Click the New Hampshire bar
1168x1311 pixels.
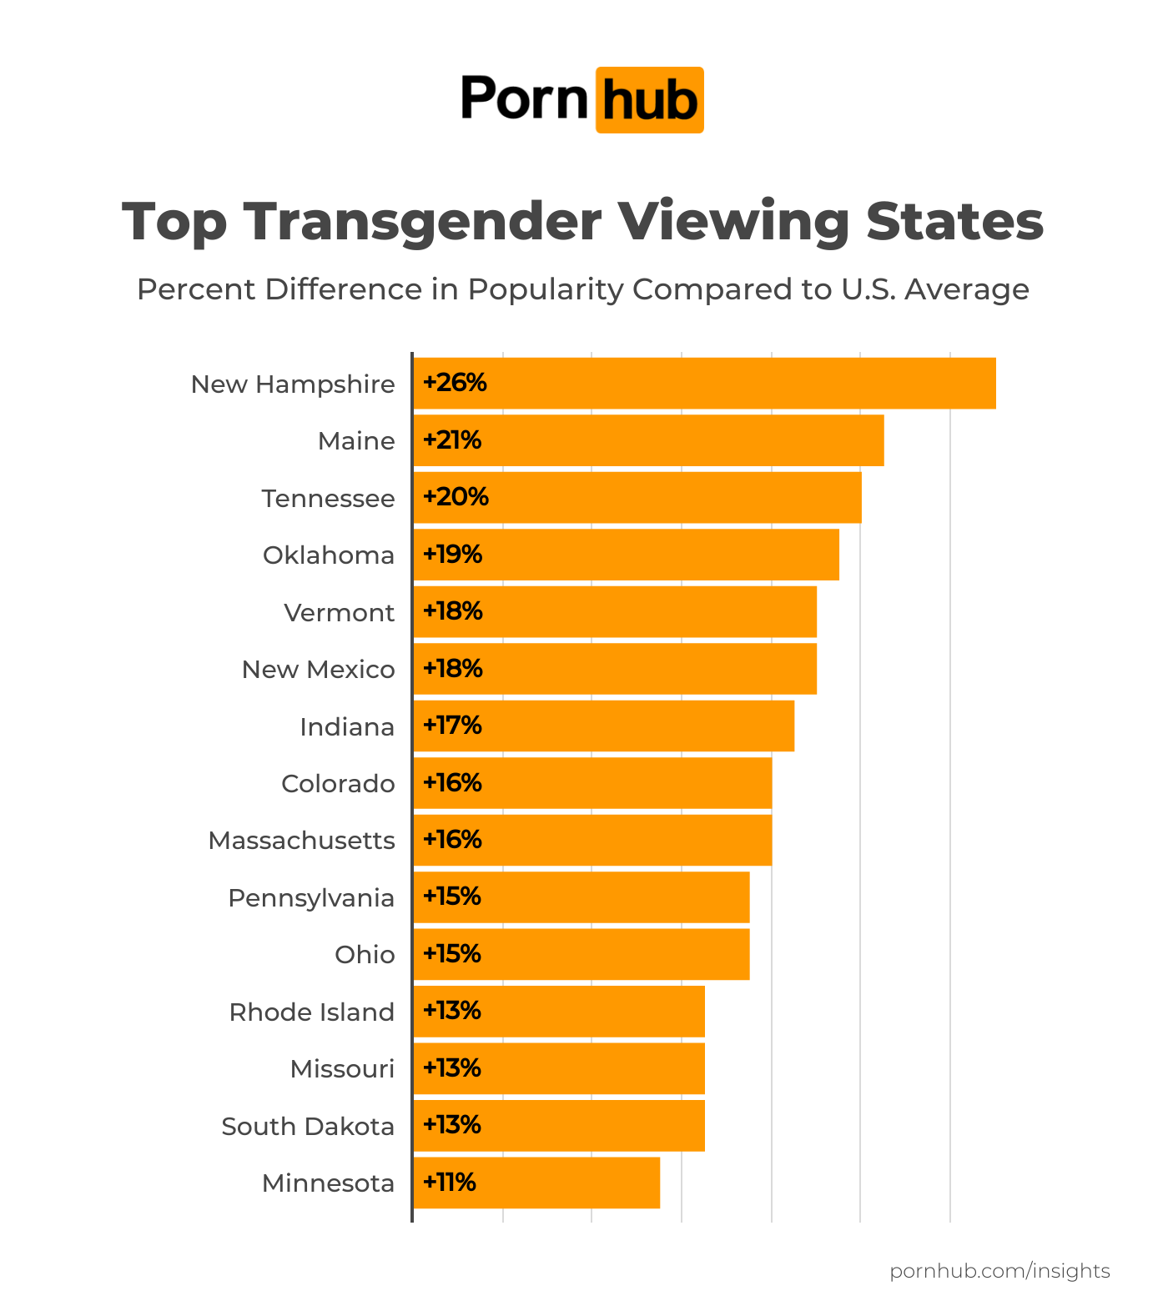[x=705, y=384]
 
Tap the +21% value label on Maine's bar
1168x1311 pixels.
[x=452, y=440]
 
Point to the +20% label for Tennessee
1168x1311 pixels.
[x=456, y=497]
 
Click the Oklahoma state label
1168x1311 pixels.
[x=329, y=555]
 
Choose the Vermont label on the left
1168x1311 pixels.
[x=339, y=613]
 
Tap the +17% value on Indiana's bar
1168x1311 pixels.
[x=452, y=726]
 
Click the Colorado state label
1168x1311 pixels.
[x=338, y=784]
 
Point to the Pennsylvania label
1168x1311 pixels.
[x=311, y=898]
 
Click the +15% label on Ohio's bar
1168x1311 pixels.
[x=452, y=954]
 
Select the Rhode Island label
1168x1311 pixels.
[x=312, y=1012]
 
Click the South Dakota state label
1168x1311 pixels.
[x=308, y=1127]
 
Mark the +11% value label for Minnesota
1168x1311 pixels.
[x=450, y=1183]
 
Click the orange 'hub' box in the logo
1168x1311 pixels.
[x=649, y=100]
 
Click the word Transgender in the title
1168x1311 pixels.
[x=423, y=222]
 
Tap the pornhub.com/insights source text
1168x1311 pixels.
[x=999, y=1271]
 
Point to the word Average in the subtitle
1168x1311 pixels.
[x=967, y=289]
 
